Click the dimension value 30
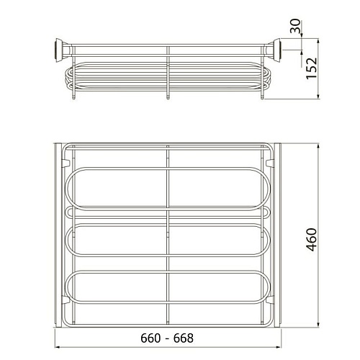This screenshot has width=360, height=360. (295, 26)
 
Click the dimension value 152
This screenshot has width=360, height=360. (311, 68)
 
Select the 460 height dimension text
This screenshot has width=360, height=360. (312, 240)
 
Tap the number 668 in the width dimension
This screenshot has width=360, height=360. (184, 338)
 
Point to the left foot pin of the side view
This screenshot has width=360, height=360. (74, 96)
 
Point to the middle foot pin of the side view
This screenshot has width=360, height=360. (168, 96)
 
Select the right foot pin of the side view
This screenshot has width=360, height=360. (262, 96)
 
